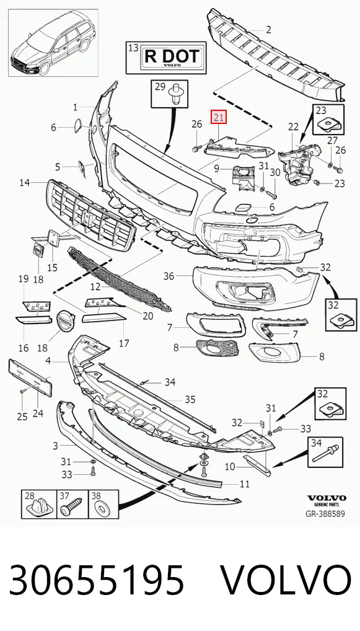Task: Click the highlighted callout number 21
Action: click(219, 118)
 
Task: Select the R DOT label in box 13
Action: click(172, 57)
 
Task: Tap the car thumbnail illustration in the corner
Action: click(53, 43)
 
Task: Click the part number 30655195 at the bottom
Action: click(97, 580)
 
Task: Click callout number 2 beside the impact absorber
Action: click(268, 29)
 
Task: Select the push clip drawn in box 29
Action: click(175, 94)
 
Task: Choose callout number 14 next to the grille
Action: click(25, 183)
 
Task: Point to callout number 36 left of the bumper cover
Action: click(169, 276)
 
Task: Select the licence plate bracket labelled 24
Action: click(30, 379)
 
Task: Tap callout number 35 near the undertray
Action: click(190, 399)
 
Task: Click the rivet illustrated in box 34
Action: click(326, 452)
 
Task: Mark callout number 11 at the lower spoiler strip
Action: click(245, 483)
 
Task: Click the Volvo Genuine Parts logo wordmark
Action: click(326, 500)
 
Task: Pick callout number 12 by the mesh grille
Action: click(95, 287)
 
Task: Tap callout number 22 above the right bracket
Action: click(294, 127)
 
